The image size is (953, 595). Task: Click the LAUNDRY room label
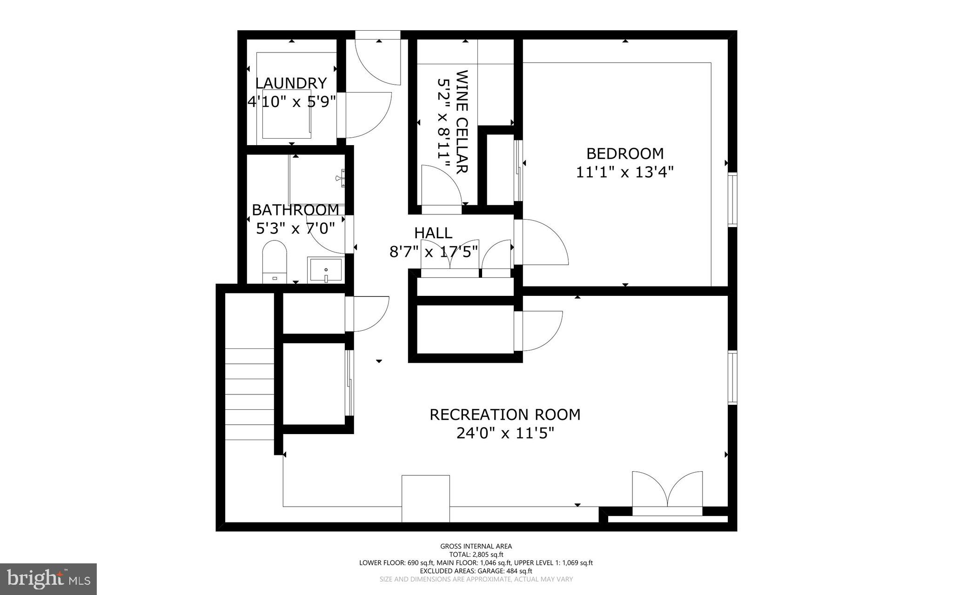click(291, 83)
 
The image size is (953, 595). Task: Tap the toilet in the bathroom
click(275, 262)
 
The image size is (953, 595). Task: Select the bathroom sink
click(325, 270)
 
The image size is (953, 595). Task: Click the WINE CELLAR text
click(462, 122)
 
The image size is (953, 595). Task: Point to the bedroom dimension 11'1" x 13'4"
click(624, 173)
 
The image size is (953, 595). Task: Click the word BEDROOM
click(624, 153)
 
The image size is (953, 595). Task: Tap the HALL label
click(433, 233)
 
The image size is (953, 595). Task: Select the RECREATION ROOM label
click(505, 414)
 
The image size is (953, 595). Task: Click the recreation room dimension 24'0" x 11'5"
click(505, 434)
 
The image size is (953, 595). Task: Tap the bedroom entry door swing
click(542, 242)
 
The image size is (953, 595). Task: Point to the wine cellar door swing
click(440, 186)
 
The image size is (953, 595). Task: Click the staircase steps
click(249, 394)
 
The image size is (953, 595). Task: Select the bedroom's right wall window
click(732, 199)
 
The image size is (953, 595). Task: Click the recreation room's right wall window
click(732, 378)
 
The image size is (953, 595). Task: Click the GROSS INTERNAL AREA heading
click(476, 547)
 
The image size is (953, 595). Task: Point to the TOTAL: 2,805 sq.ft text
click(476, 555)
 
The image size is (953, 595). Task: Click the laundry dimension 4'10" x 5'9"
click(291, 102)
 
